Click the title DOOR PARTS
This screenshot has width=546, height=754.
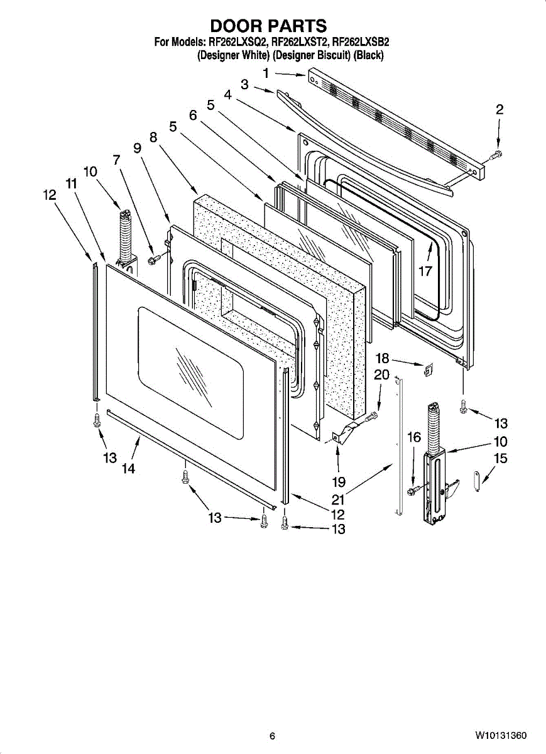point(268,26)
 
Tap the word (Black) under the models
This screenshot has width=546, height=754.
point(368,55)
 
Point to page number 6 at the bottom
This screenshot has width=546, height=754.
point(272,736)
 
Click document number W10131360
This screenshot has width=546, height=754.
point(501,736)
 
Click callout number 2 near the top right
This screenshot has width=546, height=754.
point(500,109)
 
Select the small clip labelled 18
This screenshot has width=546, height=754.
point(427,370)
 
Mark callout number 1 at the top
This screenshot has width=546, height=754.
point(266,74)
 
